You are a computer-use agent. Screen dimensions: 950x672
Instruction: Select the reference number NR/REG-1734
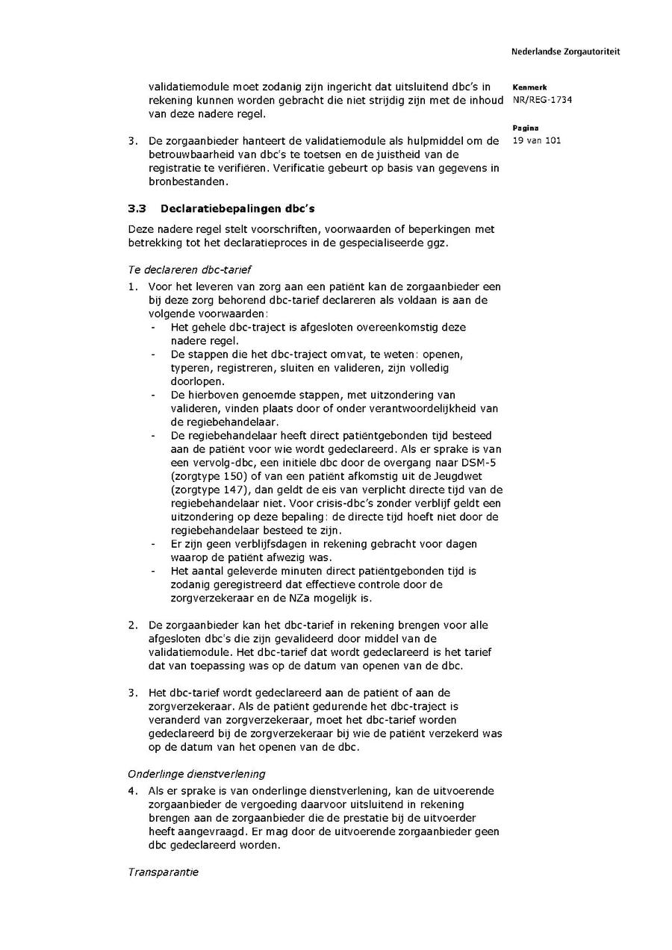pos(542,100)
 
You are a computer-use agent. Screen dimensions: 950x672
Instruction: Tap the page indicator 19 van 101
pos(537,140)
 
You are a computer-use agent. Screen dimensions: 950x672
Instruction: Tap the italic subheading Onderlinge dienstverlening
pos(196,774)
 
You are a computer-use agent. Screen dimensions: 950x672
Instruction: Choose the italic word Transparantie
pos(163,872)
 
